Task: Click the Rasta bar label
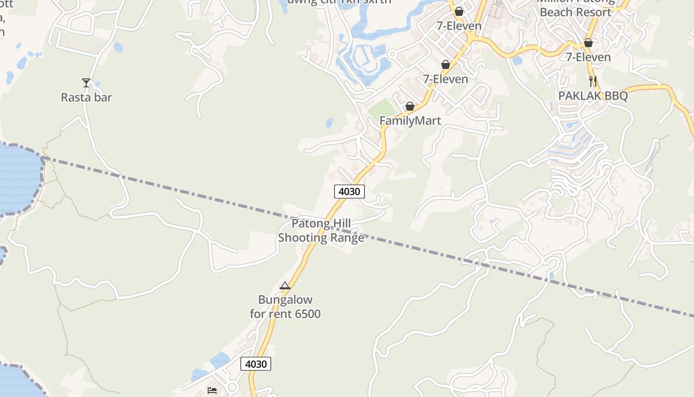click(86, 97)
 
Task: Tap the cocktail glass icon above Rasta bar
click(86, 82)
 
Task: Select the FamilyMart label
click(410, 121)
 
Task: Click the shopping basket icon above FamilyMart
click(410, 106)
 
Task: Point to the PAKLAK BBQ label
click(593, 96)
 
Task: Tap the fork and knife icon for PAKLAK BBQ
click(593, 81)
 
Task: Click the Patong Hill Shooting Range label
click(321, 230)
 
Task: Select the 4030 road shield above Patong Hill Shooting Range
click(349, 192)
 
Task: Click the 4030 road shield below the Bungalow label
click(256, 364)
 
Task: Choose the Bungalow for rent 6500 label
click(285, 307)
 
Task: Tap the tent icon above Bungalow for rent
click(285, 285)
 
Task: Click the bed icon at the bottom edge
click(212, 391)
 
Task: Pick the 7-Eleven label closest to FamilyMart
click(445, 79)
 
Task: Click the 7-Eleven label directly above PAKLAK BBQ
click(588, 57)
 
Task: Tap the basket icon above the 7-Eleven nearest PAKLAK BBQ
click(588, 43)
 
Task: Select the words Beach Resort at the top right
click(576, 12)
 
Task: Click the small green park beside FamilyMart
click(383, 108)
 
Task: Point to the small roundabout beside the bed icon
click(232, 387)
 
